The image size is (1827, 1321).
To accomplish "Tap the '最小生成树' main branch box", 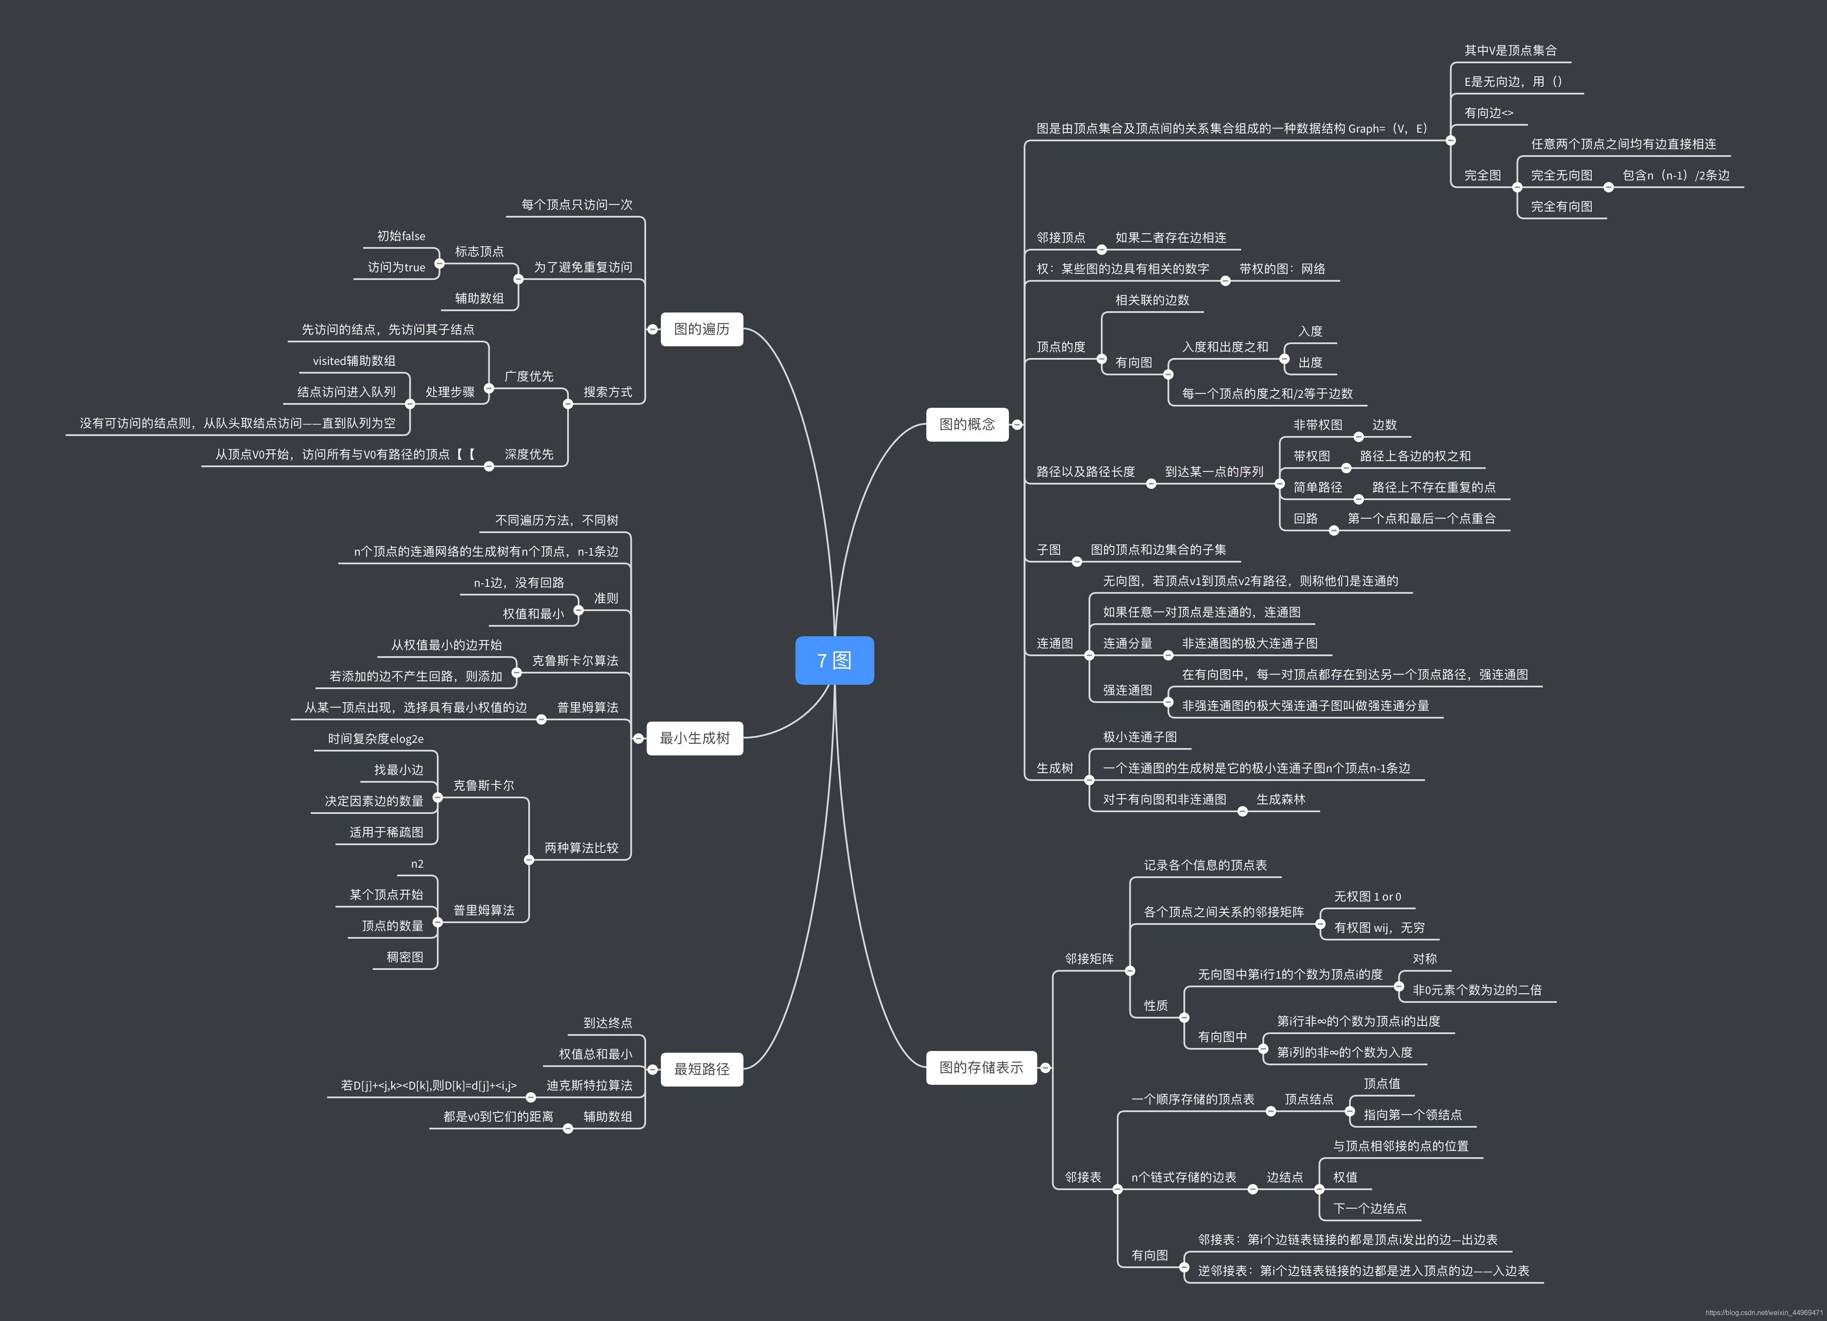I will point(694,738).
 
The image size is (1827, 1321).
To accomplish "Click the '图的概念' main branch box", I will point(967,424).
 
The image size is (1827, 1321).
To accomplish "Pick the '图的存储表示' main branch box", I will point(980,1067).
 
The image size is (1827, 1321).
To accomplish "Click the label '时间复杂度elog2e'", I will point(375,739).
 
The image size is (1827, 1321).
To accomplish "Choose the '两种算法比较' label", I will point(581,847).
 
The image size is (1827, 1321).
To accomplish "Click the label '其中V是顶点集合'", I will point(1510,50).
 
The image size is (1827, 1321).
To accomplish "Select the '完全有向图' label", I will point(1561,206).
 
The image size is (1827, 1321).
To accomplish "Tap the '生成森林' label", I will point(1280,799).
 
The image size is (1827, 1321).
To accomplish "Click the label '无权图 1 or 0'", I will point(1367,897).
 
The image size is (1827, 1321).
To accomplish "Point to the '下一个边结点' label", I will point(1369,1208).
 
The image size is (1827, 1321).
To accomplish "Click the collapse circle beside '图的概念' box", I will point(1018,424).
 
